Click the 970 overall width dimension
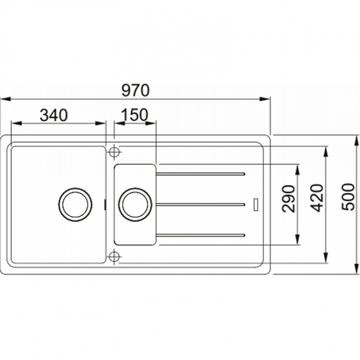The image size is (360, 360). click(x=135, y=90)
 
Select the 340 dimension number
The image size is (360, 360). click(x=54, y=115)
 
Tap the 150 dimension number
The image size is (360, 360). click(x=135, y=115)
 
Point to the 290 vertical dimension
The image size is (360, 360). click(x=289, y=198)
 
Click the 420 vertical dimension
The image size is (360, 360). click(x=318, y=198)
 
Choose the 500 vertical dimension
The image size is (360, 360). click(x=348, y=197)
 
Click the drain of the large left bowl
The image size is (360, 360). click(x=75, y=205)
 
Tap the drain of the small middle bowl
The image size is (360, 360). click(x=135, y=204)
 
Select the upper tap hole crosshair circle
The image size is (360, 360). click(x=114, y=152)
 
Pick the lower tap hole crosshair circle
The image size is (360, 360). click(x=114, y=257)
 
